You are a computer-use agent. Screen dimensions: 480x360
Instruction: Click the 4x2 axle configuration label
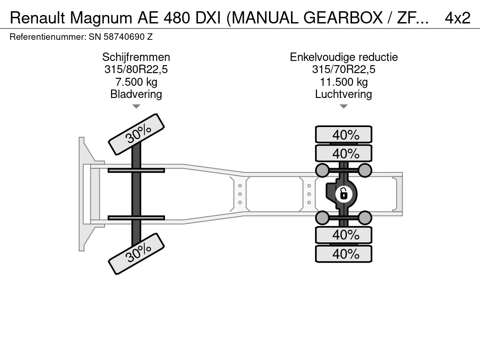[457, 18]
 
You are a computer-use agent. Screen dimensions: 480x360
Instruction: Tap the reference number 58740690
[124, 37]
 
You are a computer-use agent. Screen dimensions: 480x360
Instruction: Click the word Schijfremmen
[136, 57]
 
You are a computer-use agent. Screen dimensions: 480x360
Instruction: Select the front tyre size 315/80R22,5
[136, 69]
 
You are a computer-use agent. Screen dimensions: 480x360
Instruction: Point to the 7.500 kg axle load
[136, 82]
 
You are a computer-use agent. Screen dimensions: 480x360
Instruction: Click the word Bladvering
[136, 94]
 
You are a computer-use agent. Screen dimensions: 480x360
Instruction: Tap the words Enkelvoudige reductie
[344, 57]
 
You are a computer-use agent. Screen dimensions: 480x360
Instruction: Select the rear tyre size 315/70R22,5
[344, 69]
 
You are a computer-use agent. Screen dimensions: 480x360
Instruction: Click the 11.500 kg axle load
[344, 82]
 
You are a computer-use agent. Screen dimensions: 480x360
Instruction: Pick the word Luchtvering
[344, 94]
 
